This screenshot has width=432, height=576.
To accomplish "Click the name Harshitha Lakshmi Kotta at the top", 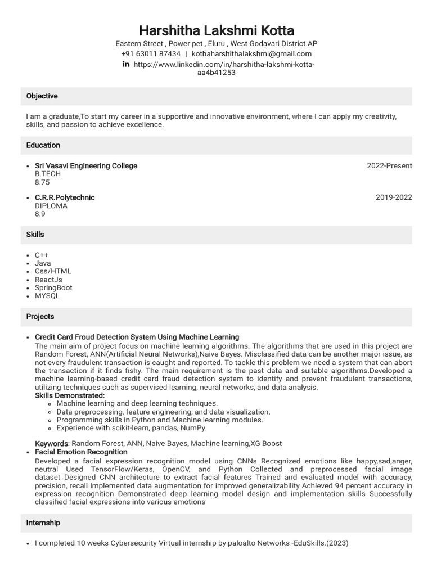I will [216, 30].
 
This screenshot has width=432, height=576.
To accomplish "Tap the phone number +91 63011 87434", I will [151, 54].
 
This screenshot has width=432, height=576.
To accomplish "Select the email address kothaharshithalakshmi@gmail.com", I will [251, 54].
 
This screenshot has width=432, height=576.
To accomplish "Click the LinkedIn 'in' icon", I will [126, 64].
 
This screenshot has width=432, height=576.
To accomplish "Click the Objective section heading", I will [42, 96].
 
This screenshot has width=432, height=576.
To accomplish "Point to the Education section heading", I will [43, 145].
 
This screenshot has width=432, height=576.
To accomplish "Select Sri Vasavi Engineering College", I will [85, 166].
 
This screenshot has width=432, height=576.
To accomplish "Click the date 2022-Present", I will [389, 166].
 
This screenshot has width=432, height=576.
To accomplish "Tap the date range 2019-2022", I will [394, 197].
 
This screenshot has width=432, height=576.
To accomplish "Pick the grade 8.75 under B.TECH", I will [42, 182].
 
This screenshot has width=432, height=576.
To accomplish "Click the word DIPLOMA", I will [51, 206].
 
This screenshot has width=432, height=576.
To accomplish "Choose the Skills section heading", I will [35, 235].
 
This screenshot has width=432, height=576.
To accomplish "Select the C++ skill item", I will [42, 255].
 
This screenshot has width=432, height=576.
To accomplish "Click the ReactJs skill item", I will [48, 280].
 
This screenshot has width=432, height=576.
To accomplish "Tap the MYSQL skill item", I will [47, 296].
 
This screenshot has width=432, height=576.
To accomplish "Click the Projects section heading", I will [40, 317].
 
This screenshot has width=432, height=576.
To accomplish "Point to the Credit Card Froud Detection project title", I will [137, 337].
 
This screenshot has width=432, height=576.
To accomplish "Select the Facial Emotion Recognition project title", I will [81, 452].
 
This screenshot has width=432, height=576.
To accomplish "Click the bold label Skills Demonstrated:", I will [70, 395].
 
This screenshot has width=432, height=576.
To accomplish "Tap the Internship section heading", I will [43, 523].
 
